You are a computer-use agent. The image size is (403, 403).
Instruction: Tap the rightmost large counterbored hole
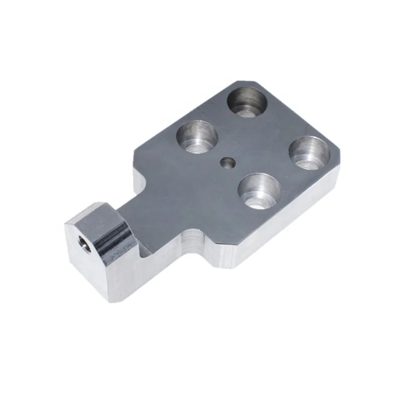(310, 152)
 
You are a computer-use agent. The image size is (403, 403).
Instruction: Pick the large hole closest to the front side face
(259, 190)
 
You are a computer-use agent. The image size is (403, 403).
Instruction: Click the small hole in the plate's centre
(227, 162)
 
